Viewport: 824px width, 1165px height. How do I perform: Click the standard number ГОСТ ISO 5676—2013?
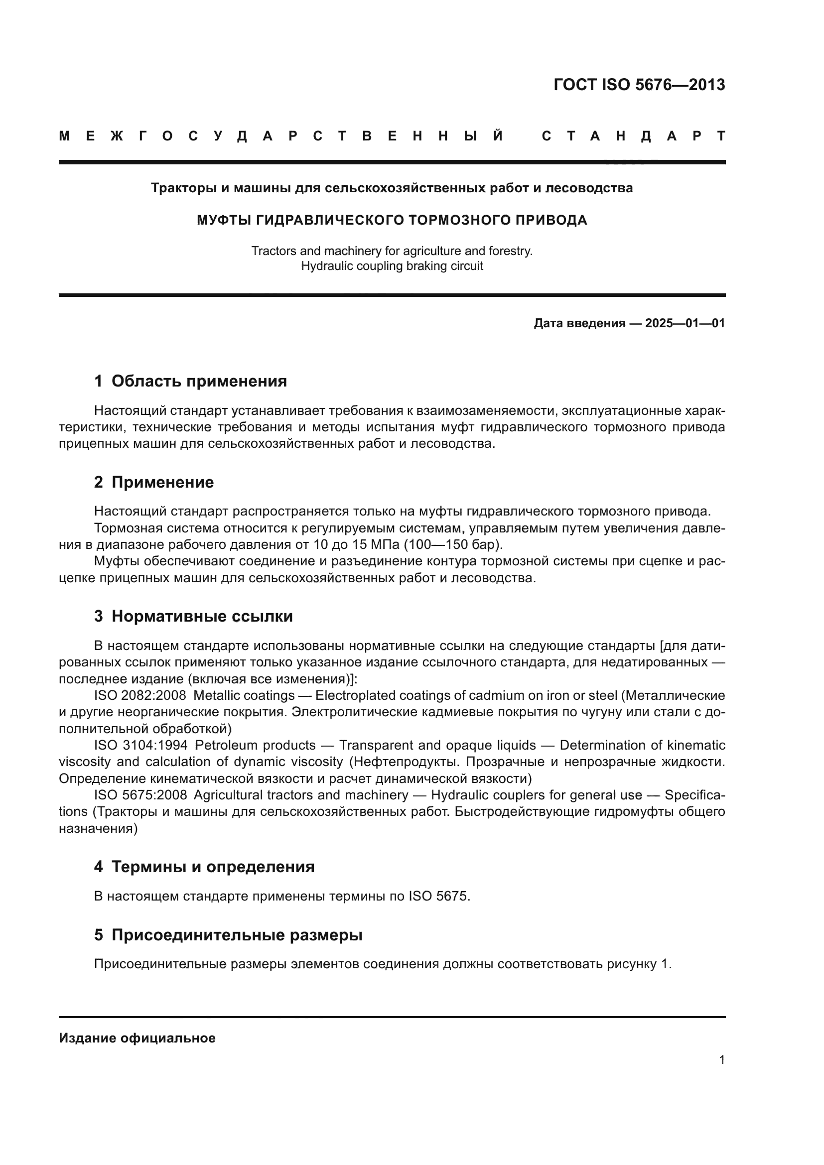(x=639, y=85)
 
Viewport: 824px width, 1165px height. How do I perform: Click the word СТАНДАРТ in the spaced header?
(x=633, y=136)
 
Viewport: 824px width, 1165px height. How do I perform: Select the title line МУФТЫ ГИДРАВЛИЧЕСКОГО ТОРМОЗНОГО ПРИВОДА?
(x=392, y=220)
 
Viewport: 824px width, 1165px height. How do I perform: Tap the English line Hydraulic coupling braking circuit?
(x=392, y=266)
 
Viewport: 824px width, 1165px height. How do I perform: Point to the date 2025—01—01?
(x=685, y=323)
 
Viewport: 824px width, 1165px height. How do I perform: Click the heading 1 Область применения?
(x=190, y=381)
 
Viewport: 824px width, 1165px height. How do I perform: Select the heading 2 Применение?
(x=154, y=482)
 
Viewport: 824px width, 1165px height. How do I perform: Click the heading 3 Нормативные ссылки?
(x=193, y=616)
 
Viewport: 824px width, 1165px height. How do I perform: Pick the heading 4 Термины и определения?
(x=204, y=866)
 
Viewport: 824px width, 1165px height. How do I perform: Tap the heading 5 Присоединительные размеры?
(x=228, y=934)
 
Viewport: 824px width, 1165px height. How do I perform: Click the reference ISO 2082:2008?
(x=140, y=695)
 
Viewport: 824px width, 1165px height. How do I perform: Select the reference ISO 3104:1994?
(x=140, y=745)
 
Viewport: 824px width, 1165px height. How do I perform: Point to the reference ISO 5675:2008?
(x=140, y=794)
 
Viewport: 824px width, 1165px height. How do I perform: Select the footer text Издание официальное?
(x=137, y=1037)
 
